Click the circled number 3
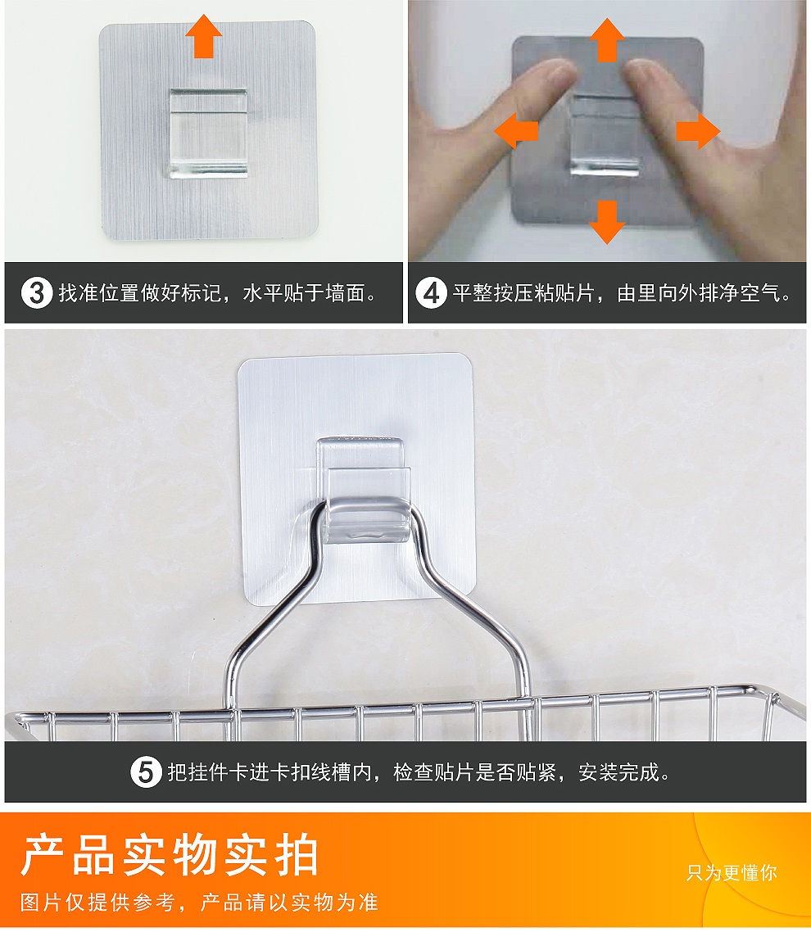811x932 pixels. (x=36, y=294)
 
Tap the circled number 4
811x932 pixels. (x=431, y=294)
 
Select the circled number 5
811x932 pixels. (x=146, y=772)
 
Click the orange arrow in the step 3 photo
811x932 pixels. (x=203, y=36)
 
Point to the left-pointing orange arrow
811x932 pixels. (x=516, y=131)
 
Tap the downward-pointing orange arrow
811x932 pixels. (x=607, y=222)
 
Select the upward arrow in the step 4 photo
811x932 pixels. (x=607, y=40)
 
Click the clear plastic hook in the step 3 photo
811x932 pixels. (x=207, y=133)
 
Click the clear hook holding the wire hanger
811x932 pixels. (x=364, y=491)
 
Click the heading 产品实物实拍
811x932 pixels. (x=170, y=855)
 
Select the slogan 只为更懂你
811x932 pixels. (x=732, y=872)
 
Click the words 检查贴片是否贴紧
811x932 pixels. (x=474, y=772)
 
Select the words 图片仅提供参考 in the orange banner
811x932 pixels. (x=97, y=903)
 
